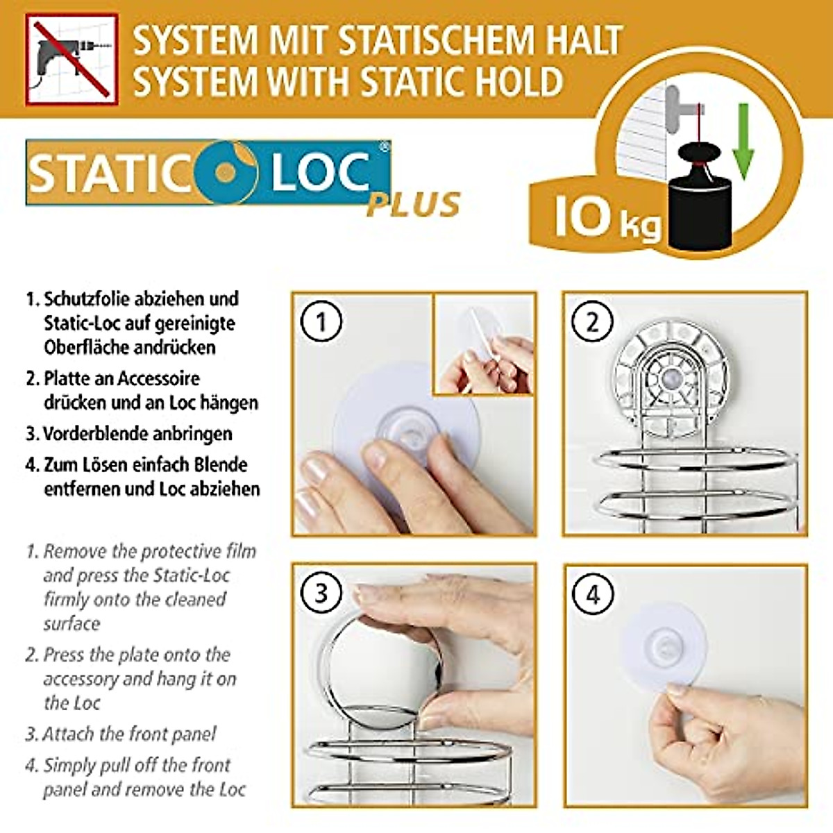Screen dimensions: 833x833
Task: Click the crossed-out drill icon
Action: [x=69, y=61]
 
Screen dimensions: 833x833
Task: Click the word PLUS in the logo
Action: [x=414, y=204]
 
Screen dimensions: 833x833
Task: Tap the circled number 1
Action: [x=321, y=322]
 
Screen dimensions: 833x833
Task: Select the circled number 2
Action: [x=592, y=322]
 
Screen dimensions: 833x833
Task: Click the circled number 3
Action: [x=321, y=594]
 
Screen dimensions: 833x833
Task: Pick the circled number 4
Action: [x=592, y=594]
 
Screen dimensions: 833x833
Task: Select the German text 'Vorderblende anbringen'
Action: [x=137, y=434]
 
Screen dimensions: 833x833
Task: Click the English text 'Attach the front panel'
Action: [x=129, y=734]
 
